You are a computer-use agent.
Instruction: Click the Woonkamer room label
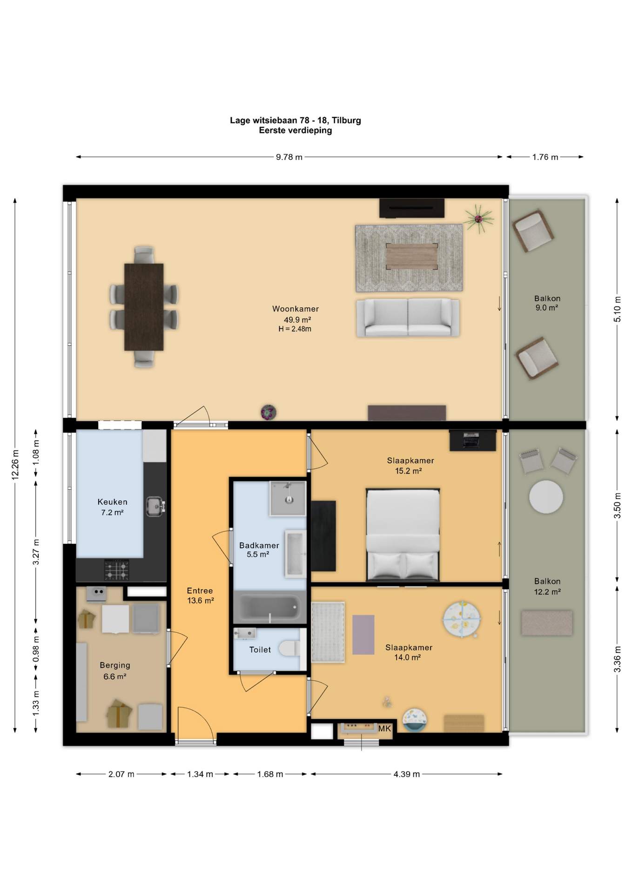296,309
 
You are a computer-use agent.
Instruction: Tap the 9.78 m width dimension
289,157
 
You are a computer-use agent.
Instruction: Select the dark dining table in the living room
144,307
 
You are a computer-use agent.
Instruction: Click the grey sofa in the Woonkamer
408,318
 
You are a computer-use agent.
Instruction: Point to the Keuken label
112,502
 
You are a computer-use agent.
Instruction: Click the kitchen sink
155,507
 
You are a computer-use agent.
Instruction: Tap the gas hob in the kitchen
116,570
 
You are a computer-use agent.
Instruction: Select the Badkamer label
259,545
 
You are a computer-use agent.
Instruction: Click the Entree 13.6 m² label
200,596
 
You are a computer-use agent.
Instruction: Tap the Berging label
115,665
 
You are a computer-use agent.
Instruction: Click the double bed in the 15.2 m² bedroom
403,535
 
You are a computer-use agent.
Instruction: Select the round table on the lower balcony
546,497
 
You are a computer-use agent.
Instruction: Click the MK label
385,729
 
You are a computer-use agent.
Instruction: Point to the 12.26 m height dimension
15,465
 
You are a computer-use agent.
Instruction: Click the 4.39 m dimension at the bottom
406,774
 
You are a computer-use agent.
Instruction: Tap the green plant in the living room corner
478,218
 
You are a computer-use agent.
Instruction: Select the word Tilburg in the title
346,121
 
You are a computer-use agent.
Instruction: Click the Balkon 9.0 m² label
547,303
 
